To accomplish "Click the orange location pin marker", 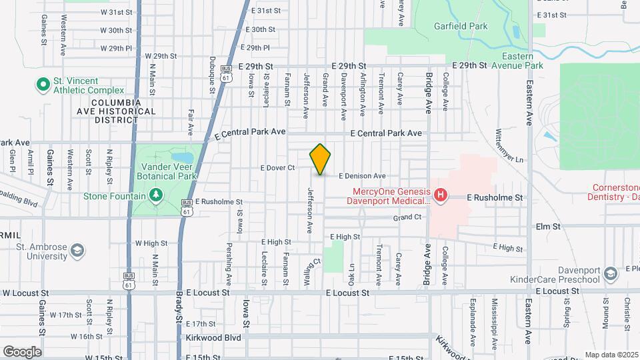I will pyautogui.click(x=320, y=159).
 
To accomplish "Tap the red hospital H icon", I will pyautogui.click(x=439, y=195).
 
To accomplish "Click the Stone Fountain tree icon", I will pyautogui.click(x=155, y=195).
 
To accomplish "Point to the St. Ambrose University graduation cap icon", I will pyautogui.click(x=78, y=251).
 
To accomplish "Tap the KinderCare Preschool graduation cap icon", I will pyautogui.click(x=610, y=274).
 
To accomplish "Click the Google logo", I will pyautogui.click(x=22, y=351).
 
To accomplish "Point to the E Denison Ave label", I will pyautogui.click(x=362, y=176).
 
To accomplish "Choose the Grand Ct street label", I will pyautogui.click(x=407, y=217).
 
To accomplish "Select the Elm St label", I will pyautogui.click(x=548, y=227).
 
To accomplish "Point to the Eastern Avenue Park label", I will pyautogui.click(x=517, y=61).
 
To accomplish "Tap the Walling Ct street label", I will pyautogui.click(x=309, y=273).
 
